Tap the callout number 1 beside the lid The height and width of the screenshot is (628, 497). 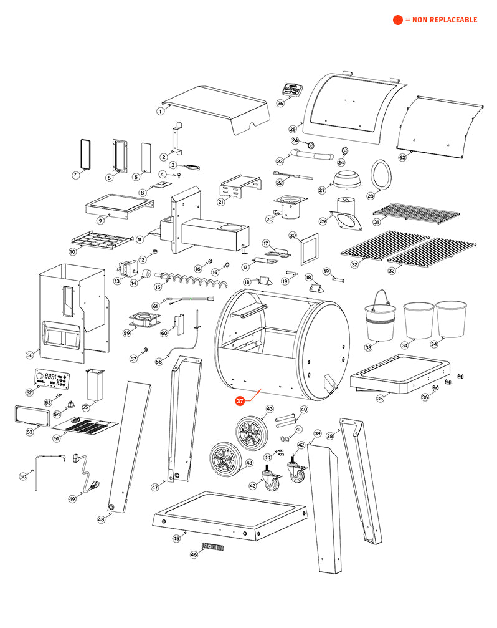click(160, 111)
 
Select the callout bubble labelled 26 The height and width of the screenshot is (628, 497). click(280, 103)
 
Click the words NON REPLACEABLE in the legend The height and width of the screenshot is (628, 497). click(444, 20)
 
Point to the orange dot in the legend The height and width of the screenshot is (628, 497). click(397, 20)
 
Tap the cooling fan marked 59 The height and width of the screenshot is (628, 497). click(141, 321)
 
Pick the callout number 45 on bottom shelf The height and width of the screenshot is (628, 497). click(176, 538)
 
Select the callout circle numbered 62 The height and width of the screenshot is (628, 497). click(402, 158)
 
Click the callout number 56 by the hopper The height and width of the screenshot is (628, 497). click(29, 355)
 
